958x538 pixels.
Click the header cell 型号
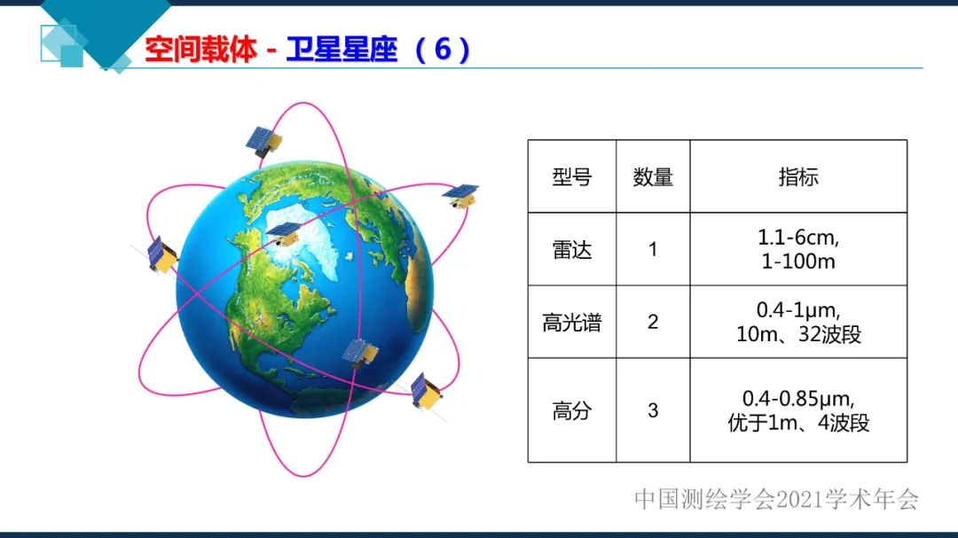coord(571,177)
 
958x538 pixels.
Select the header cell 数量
coord(653,177)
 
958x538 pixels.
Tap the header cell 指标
coord(798,176)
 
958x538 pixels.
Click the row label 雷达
coord(571,250)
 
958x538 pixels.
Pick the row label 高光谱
coord(571,323)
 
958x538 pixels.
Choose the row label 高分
coord(571,410)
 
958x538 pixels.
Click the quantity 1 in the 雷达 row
coord(653,250)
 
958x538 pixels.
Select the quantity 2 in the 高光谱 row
coord(653,322)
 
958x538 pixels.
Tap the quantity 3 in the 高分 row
coord(653,410)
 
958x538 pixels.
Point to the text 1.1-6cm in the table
coord(798,238)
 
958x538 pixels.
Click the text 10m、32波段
coord(798,335)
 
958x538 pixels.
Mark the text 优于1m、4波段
coord(798,423)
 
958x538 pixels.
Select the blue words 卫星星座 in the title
coord(342,50)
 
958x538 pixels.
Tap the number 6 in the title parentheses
coord(442,50)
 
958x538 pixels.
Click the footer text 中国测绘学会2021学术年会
coord(776,499)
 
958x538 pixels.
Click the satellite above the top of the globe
coord(263,140)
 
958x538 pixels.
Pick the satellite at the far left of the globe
coord(161,254)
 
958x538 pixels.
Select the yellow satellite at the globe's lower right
coord(426,390)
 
